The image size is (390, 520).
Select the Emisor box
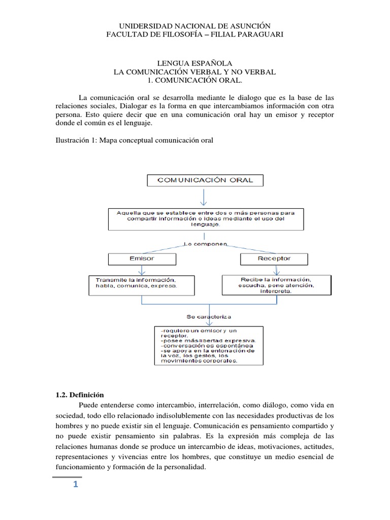[141, 258]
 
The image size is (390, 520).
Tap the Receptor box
[273, 258]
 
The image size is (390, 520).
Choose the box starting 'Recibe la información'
[276, 284]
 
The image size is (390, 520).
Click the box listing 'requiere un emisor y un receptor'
[208, 346]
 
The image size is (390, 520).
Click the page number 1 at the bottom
[75, 484]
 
